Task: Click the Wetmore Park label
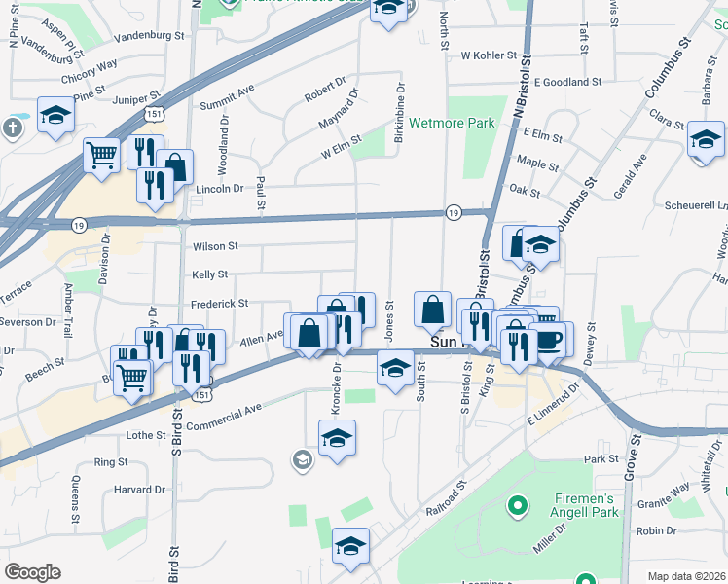(x=452, y=124)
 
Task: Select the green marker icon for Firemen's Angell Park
(x=518, y=506)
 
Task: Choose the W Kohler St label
(x=486, y=56)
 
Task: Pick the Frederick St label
(x=219, y=304)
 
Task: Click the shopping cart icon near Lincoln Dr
(x=101, y=154)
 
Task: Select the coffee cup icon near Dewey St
(x=551, y=339)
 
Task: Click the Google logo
(x=32, y=572)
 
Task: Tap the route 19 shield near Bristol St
(x=454, y=212)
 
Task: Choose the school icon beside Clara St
(x=706, y=139)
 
